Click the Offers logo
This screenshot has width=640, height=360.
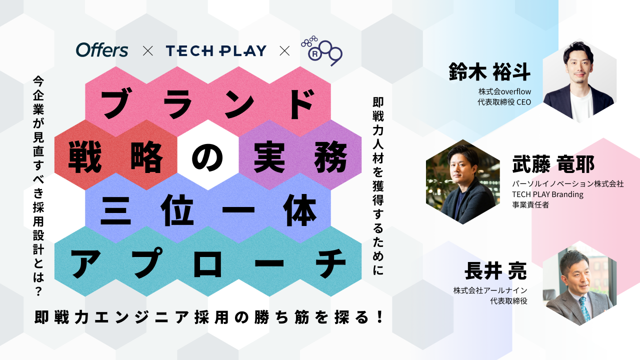(x=102, y=50)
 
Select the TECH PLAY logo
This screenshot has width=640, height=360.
(x=215, y=50)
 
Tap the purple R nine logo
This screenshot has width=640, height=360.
(x=321, y=49)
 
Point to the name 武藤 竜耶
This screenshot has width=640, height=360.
(x=553, y=164)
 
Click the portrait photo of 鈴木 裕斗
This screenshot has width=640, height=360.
(x=579, y=81)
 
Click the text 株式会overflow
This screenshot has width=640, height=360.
(x=504, y=91)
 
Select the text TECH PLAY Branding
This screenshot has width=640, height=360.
(x=547, y=194)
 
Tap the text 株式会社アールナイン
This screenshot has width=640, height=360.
(x=490, y=290)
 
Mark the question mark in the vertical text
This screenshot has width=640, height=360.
(x=38, y=290)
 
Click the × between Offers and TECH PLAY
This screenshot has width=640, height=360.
(x=147, y=50)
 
